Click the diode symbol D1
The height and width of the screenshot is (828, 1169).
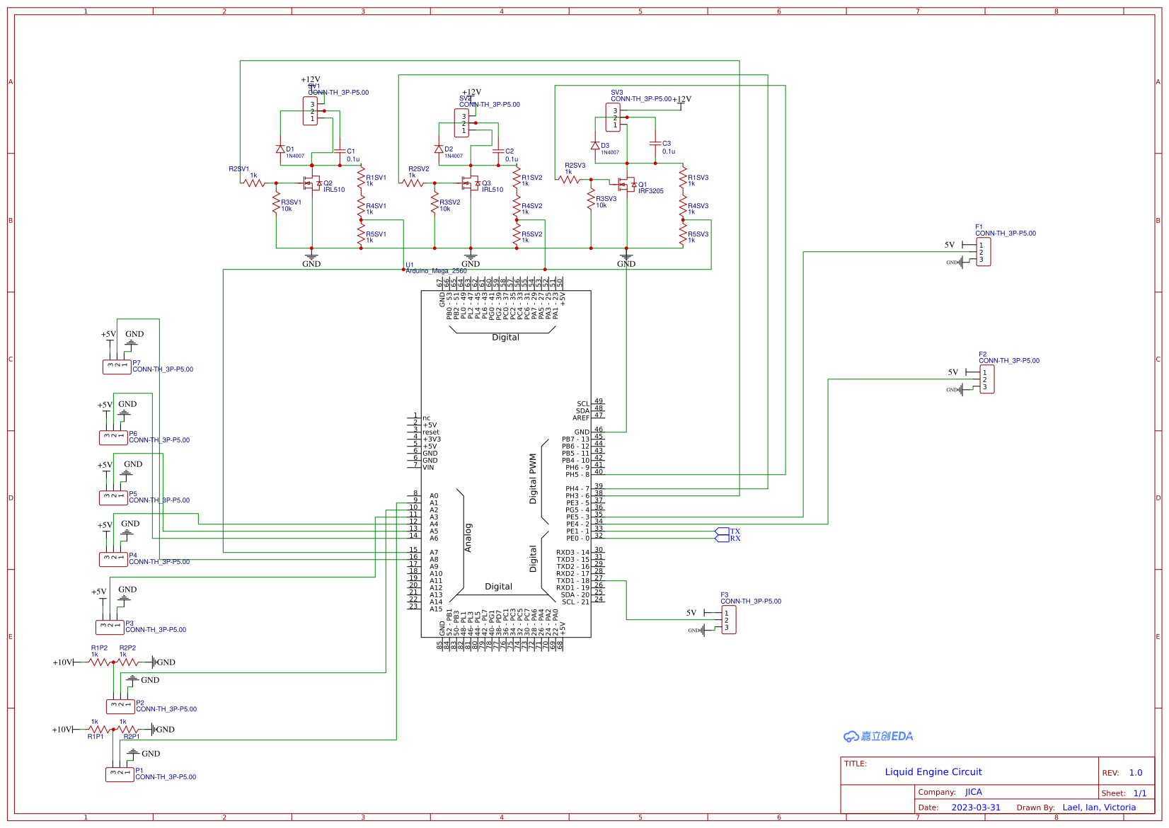coord(280,149)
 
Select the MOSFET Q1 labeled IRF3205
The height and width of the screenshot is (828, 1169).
coord(626,185)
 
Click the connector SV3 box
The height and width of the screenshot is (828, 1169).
coord(613,117)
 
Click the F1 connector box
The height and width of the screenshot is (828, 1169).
coord(983,252)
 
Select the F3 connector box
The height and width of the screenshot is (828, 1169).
coord(728,620)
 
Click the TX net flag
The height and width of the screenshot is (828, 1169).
coord(722,531)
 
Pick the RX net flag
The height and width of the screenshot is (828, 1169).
coord(722,539)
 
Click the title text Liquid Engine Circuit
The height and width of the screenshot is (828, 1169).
coord(933,772)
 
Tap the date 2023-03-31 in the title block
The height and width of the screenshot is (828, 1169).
coord(975,807)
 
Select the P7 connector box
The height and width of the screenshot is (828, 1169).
coord(117,367)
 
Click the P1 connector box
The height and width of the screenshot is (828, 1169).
coord(120,774)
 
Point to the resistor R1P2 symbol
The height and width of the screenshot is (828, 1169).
coord(100,662)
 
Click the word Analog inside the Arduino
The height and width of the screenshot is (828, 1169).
coord(468,538)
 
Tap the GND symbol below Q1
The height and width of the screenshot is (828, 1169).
coord(626,258)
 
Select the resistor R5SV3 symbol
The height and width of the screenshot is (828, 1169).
coord(683,236)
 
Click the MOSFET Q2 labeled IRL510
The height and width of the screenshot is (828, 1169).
coord(311,183)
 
